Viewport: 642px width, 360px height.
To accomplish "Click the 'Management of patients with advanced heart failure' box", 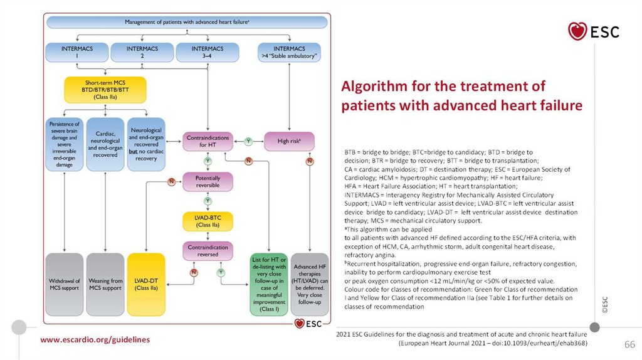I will (x=186, y=22).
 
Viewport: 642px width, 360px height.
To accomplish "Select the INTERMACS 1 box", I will (x=76, y=52).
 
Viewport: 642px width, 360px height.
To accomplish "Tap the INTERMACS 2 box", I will (x=142, y=52).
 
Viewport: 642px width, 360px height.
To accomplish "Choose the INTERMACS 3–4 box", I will (x=207, y=52).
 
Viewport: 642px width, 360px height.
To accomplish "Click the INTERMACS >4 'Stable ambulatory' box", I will (x=290, y=52).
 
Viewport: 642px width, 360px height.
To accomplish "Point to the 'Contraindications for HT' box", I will (x=207, y=141).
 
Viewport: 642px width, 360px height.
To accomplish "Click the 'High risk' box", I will (x=289, y=141).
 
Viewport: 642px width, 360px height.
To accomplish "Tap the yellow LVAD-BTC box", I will (x=207, y=221).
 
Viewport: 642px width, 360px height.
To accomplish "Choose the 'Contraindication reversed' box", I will (x=207, y=251).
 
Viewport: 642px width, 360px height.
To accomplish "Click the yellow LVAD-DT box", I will (x=146, y=283).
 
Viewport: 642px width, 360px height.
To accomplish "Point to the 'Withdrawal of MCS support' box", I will (x=65, y=283).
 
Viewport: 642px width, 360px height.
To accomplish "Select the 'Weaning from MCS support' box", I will (x=105, y=283).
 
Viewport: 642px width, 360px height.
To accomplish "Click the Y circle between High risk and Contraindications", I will (x=248, y=141).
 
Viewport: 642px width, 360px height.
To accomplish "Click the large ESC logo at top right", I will (x=593, y=31).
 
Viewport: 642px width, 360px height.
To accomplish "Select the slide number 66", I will (x=629, y=345).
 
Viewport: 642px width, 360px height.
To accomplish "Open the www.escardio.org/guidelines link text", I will (x=95, y=339).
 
